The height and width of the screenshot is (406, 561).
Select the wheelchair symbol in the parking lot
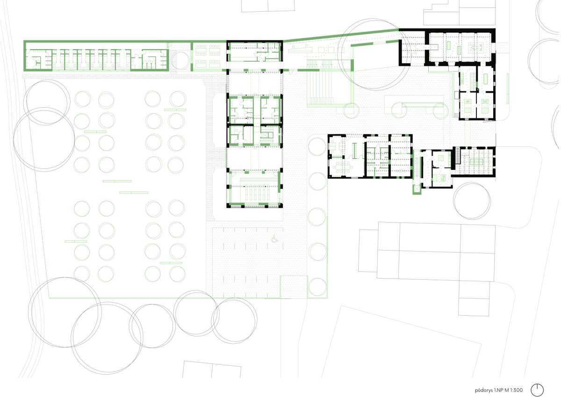[x=275, y=239]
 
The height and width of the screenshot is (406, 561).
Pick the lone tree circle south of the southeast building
[x=472, y=201]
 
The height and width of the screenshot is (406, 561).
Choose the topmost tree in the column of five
[x=317, y=146]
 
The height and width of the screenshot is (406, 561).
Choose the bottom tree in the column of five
[x=317, y=287]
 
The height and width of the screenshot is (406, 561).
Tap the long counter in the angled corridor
[x=300, y=49]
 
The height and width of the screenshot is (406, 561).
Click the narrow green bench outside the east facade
[x=508, y=88]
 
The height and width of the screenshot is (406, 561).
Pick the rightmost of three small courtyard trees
[x=441, y=110]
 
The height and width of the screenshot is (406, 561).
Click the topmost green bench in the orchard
[x=175, y=110]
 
